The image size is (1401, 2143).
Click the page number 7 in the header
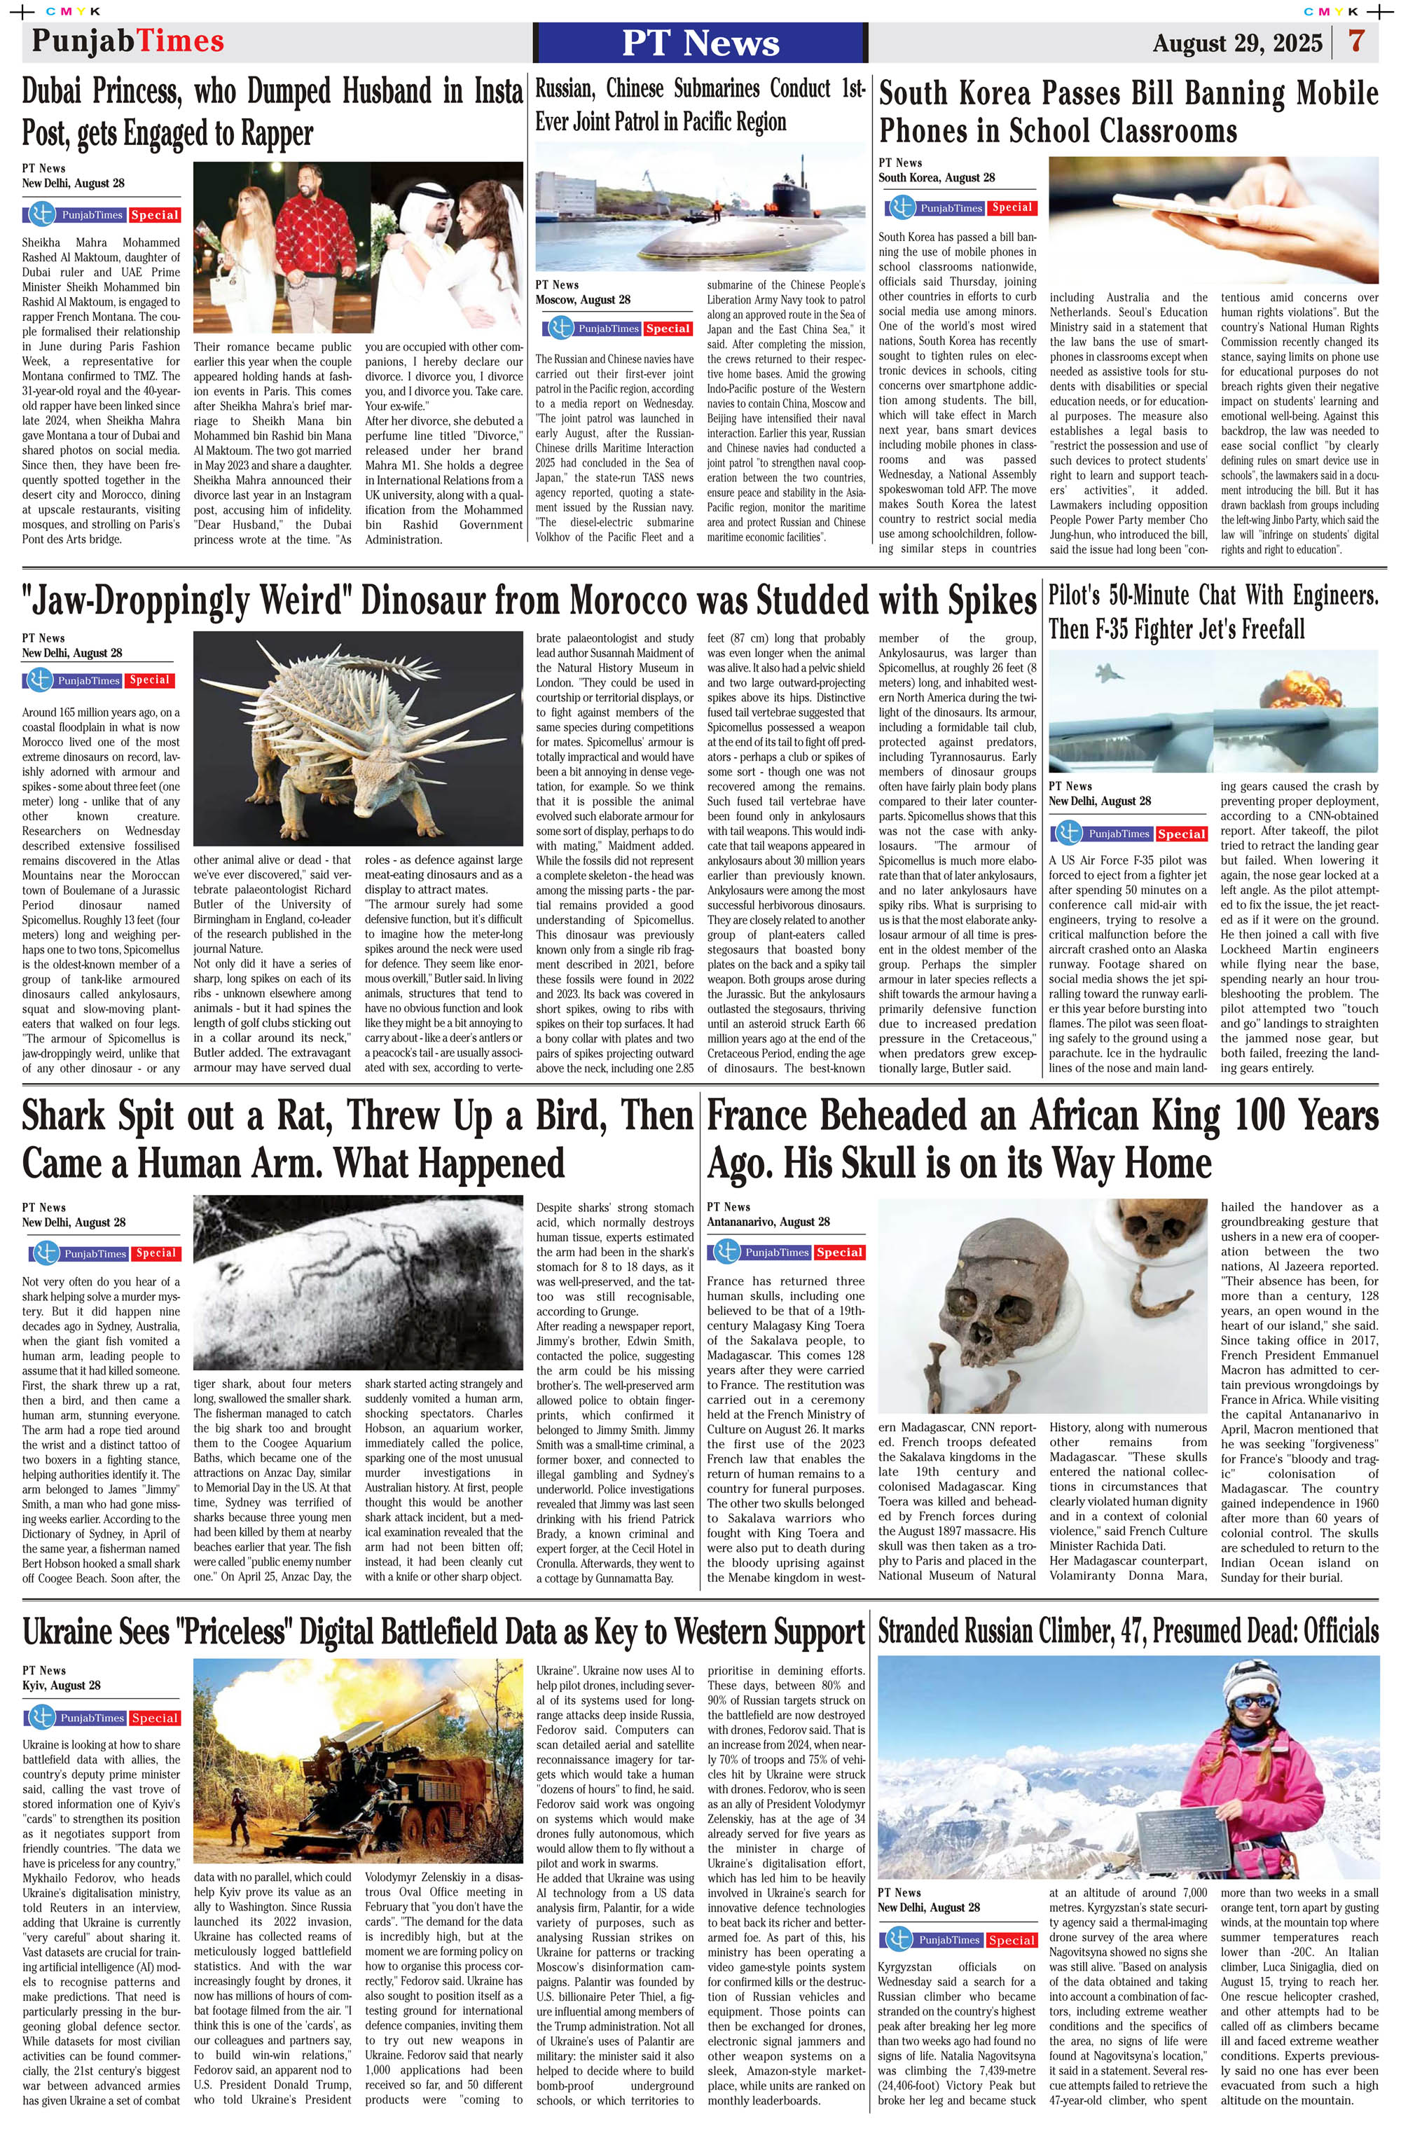pyautogui.click(x=1356, y=41)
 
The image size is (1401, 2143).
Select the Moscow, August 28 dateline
pyautogui.click(x=583, y=300)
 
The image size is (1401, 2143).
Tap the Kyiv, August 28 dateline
pyautogui.click(x=61, y=1685)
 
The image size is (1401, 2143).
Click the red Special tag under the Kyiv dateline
pyautogui.click(x=154, y=1718)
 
